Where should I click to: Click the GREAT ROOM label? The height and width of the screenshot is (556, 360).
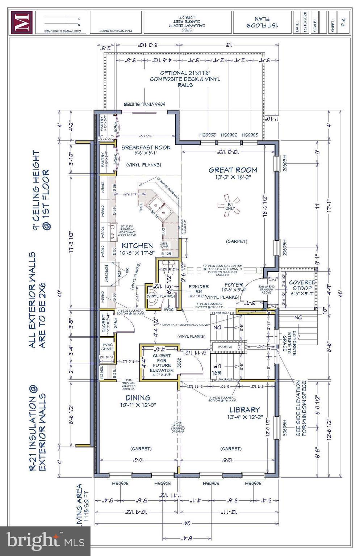233,170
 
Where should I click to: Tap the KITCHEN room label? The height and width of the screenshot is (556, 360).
137,245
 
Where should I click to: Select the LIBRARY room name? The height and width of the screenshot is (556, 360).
244,410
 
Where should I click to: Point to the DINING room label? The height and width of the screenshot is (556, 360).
138,397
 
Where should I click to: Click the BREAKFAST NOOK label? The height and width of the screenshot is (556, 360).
146,147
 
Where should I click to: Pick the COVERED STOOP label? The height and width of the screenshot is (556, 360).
302,285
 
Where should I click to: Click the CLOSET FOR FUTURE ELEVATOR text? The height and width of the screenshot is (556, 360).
162,363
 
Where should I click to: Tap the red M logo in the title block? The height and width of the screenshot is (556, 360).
22,22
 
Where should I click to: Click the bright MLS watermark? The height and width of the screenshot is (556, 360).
45,540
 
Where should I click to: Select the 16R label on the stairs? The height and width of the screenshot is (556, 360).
216,372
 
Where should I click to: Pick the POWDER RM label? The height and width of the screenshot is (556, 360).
198,289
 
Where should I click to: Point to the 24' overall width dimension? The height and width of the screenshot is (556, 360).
187,523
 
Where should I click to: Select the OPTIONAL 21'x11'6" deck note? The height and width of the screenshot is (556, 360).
185,79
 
